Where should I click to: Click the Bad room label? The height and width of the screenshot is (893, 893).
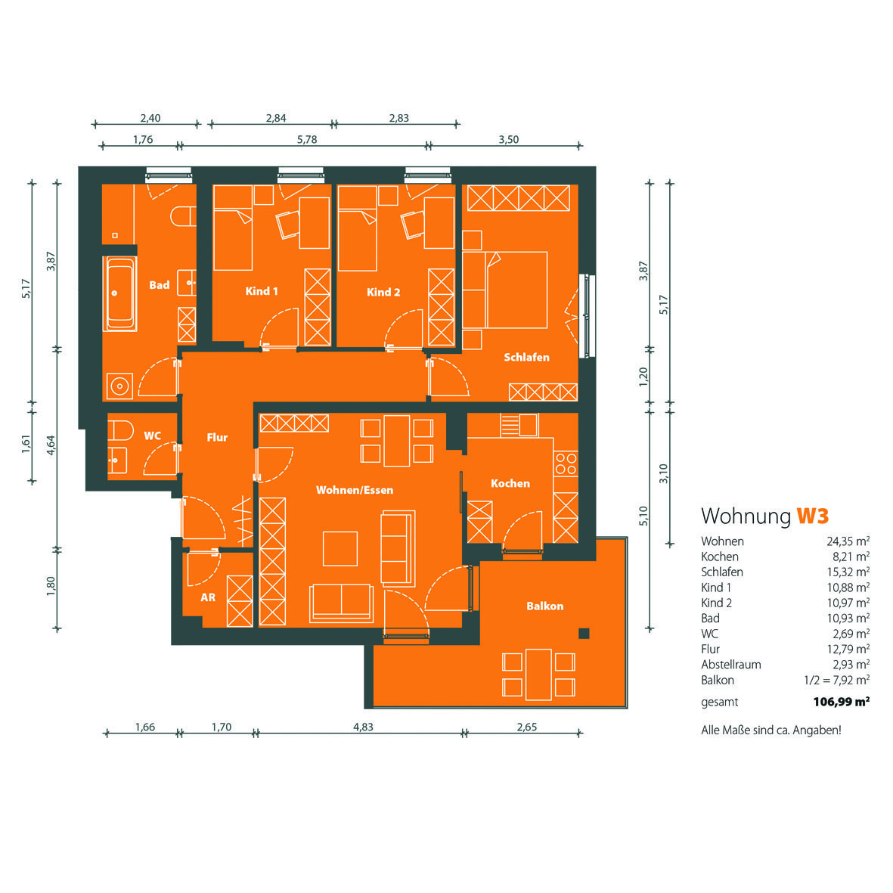tap(160, 285)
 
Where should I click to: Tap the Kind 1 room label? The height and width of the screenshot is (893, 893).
tap(262, 291)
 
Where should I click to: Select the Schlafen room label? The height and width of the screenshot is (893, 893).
tap(527, 357)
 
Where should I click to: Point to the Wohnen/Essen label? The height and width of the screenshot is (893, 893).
tap(354, 490)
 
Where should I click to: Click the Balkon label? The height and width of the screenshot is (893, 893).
tap(545, 606)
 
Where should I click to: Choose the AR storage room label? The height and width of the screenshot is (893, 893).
tap(208, 597)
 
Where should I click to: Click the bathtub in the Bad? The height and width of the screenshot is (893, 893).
tap(120, 294)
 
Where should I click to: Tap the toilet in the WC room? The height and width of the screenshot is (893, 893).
tap(120, 430)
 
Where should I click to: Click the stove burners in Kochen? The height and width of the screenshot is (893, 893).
tap(566, 464)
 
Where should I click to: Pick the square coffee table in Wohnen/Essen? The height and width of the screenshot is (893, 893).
tap(340, 548)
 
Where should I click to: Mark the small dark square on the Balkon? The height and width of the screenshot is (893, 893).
tap(584, 634)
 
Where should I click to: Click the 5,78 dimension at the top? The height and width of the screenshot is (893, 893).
tap(307, 140)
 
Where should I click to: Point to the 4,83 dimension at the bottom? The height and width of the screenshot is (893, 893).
tap(364, 727)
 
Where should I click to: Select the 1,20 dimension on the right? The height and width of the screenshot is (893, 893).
tap(643, 377)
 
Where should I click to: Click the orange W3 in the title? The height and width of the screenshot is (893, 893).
tap(812, 516)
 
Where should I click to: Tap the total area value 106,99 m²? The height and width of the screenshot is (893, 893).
tap(841, 702)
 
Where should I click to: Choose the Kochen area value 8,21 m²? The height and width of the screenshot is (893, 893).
tap(851, 557)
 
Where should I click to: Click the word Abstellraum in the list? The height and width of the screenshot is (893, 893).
tap(730, 664)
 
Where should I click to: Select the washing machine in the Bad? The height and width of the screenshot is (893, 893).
tap(119, 386)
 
